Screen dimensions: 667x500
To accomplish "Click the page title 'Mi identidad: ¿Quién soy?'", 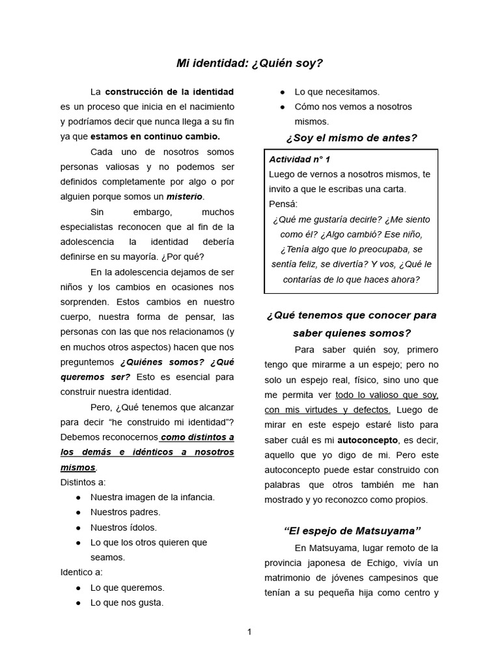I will [x=249, y=63].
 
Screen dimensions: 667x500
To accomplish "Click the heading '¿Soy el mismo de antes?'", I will [x=351, y=137].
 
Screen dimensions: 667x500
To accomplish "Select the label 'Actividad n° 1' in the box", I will [x=299, y=159].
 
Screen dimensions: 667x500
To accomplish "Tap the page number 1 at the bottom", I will [x=249, y=631].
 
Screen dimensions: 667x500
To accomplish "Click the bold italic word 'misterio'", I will [x=184, y=196].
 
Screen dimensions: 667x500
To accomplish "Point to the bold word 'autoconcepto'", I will [x=367, y=440].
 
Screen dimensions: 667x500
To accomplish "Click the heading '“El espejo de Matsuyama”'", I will [x=352, y=530].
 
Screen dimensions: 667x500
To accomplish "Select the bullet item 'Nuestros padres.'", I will [x=125, y=512].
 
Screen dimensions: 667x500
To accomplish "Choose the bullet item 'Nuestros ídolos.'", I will [x=124, y=527].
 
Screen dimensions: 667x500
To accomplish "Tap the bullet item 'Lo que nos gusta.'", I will [x=127, y=603].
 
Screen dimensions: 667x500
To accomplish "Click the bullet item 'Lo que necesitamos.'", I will [x=337, y=92].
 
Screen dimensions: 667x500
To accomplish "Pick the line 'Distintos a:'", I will [x=83, y=482].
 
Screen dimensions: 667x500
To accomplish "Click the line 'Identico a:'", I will [x=81, y=572].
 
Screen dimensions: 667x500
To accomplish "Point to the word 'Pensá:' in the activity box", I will [x=283, y=204].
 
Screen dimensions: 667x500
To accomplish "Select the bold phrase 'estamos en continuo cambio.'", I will [x=156, y=136].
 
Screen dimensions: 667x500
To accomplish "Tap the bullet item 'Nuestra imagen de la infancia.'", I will [x=152, y=497].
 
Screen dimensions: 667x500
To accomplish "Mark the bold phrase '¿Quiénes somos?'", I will [x=162, y=362].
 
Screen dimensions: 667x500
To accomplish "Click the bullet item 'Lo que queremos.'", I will [x=127, y=588].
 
